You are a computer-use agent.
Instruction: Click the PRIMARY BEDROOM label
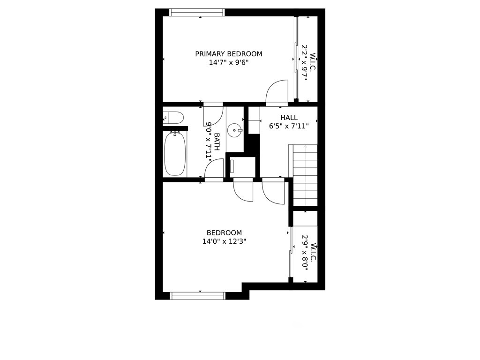229,54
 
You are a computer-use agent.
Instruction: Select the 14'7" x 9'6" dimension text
229,62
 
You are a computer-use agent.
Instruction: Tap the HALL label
289,118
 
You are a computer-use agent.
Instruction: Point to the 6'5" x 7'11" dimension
289,126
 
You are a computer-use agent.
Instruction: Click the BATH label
217,142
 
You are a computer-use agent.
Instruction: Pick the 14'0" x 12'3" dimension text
225,241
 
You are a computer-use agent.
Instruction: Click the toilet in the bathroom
173,118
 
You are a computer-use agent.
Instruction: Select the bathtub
175,154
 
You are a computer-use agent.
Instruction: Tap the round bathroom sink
235,130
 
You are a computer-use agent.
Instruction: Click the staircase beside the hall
305,175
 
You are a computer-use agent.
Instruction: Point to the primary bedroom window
197,12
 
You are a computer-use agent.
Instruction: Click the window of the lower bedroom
198,296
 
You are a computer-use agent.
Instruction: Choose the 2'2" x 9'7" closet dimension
304,62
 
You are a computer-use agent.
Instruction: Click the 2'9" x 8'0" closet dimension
304,253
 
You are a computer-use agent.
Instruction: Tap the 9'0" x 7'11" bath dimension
209,142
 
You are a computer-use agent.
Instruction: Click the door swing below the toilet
213,115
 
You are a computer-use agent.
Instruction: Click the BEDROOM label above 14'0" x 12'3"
225,232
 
